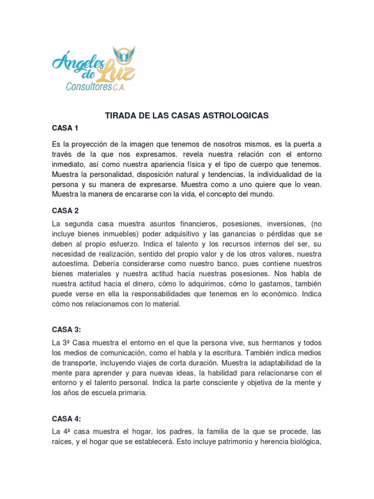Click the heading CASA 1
tap(65, 129)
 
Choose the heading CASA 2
tap(65, 211)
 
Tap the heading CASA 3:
tap(67, 329)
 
